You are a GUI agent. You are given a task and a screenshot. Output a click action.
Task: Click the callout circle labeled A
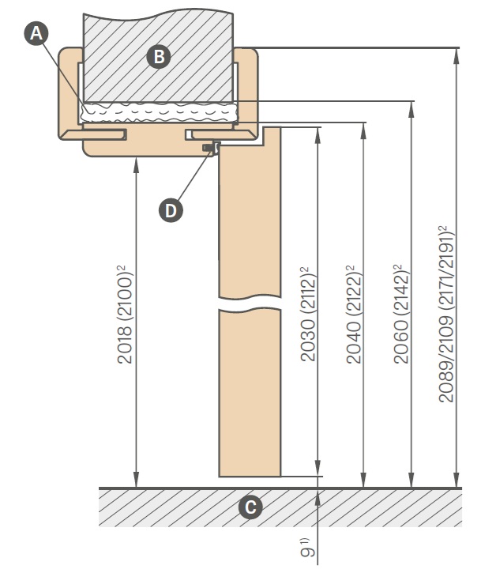[x=36, y=33]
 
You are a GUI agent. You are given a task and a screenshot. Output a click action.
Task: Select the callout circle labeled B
[x=159, y=57]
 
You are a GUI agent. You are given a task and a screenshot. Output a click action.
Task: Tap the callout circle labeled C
[x=250, y=507]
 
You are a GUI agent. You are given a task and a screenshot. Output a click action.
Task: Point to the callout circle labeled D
[x=171, y=210]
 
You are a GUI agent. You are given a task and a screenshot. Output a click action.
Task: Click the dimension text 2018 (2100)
[x=125, y=315]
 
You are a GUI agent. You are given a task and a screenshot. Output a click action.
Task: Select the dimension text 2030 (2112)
[x=307, y=314]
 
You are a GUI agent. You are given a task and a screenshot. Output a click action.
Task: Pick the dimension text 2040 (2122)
[x=353, y=315]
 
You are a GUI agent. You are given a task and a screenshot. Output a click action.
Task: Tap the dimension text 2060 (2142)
[x=400, y=314]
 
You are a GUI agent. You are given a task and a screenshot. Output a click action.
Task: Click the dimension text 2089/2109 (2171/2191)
[x=445, y=314]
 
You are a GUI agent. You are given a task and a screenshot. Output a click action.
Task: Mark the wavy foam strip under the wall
[x=159, y=112]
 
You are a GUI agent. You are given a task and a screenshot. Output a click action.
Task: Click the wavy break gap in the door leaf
[x=250, y=303]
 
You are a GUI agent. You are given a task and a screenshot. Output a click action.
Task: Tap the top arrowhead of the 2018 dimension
[x=136, y=165]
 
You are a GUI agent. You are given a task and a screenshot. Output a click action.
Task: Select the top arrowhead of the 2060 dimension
[x=411, y=109]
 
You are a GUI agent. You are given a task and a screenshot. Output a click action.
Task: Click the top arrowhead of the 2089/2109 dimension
[x=456, y=56]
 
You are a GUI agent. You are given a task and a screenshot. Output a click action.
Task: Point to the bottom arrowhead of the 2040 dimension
[x=363, y=480]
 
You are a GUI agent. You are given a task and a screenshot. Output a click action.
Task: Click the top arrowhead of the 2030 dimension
[x=318, y=136]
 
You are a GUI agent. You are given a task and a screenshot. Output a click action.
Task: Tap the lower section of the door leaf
[x=250, y=394]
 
